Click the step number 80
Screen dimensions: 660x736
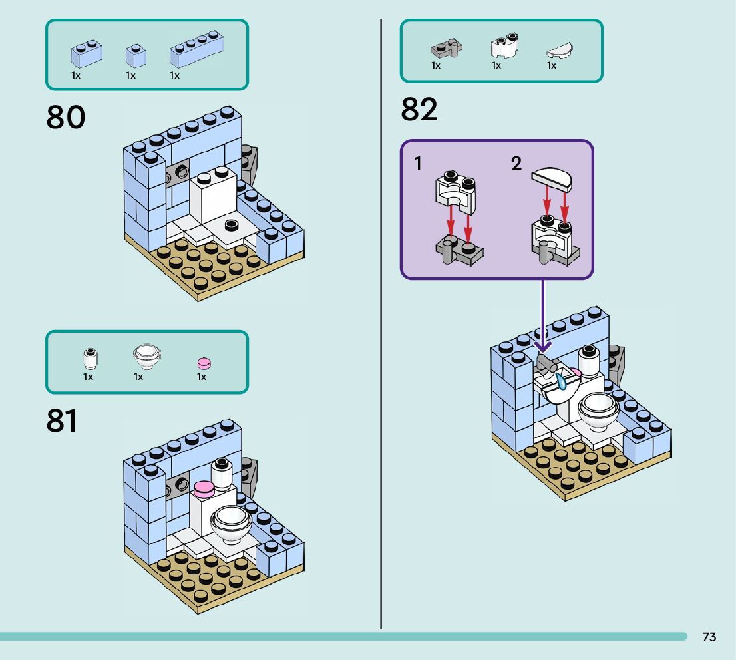click(66, 118)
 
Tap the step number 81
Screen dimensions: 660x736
click(61, 421)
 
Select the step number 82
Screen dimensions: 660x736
click(419, 110)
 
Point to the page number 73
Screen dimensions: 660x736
click(709, 637)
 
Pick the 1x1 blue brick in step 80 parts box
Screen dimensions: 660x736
click(136, 56)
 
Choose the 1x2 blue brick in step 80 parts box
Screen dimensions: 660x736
click(87, 55)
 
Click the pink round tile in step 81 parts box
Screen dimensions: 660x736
click(204, 363)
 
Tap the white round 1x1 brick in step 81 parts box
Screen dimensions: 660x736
click(90, 359)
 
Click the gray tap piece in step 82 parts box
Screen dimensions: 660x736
click(447, 49)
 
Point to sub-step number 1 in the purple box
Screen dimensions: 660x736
click(418, 164)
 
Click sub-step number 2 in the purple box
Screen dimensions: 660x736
click(516, 164)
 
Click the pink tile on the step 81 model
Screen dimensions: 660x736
click(204, 490)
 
